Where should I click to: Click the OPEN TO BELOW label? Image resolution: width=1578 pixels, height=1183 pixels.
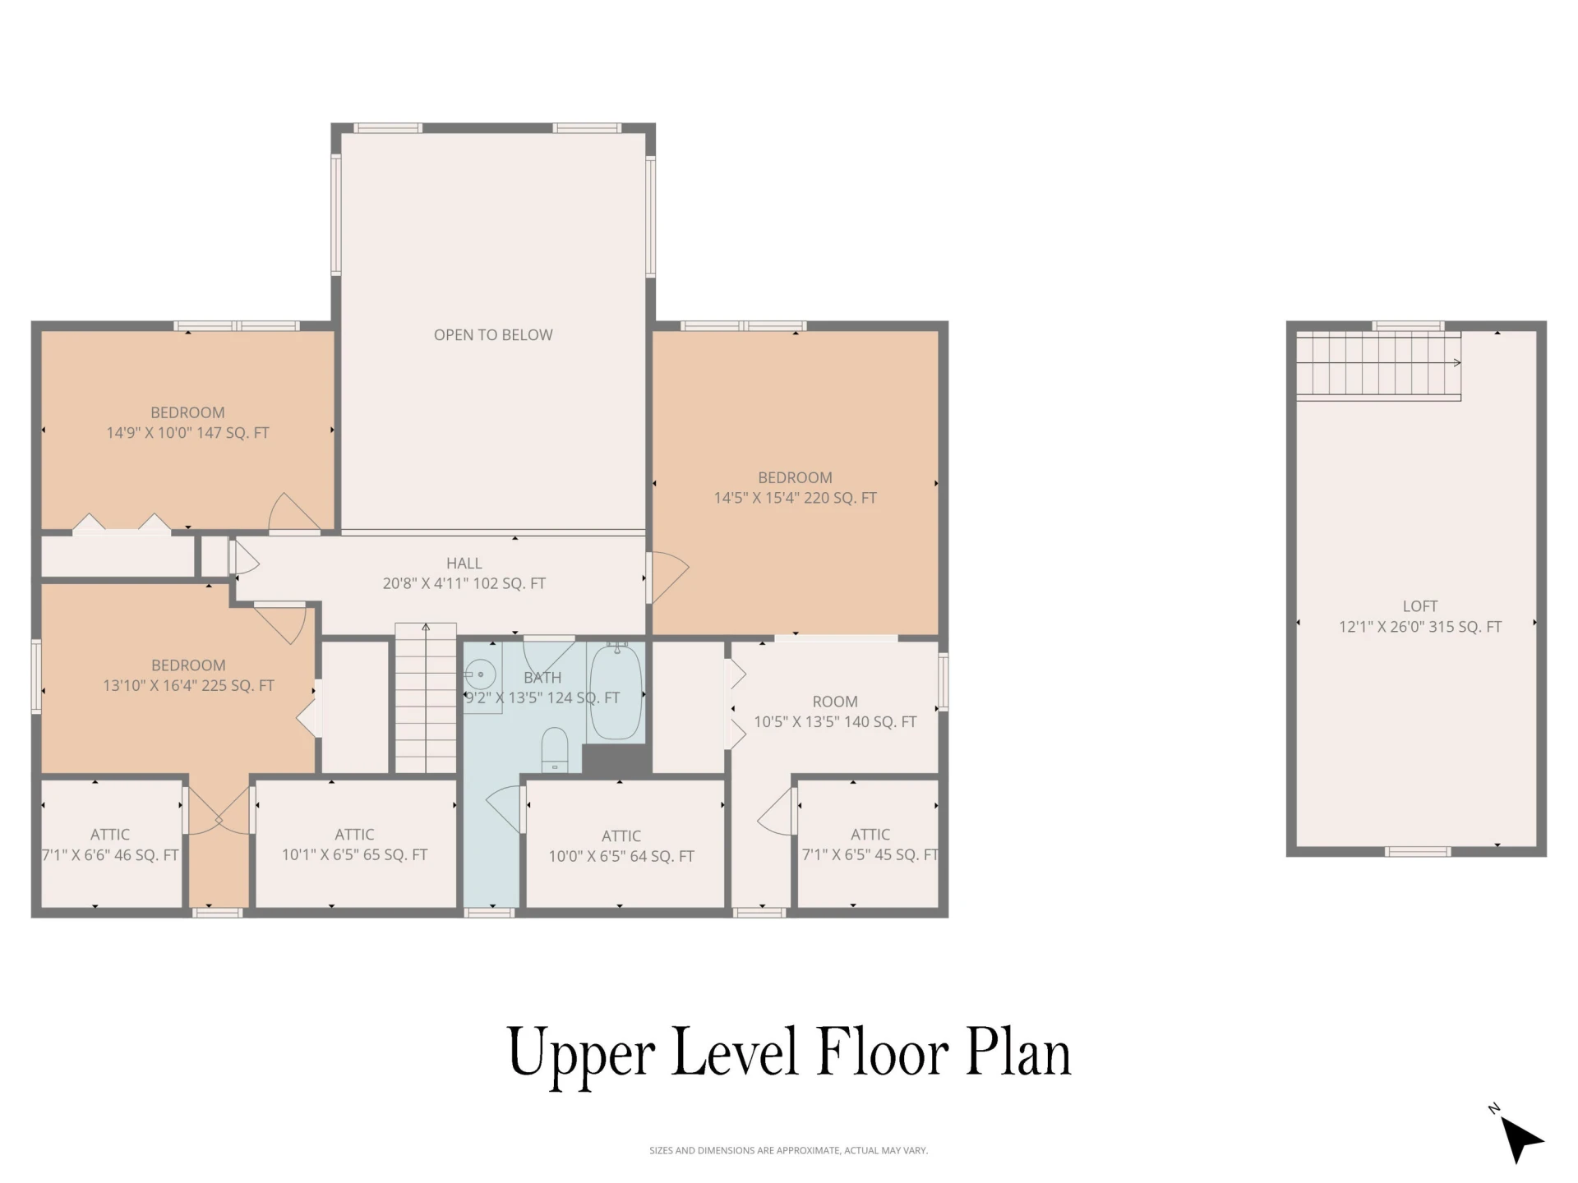[493, 335]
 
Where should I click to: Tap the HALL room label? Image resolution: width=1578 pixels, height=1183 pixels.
[464, 564]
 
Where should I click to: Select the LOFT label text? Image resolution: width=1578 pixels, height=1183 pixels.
[1420, 606]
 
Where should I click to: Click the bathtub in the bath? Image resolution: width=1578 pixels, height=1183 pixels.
[616, 692]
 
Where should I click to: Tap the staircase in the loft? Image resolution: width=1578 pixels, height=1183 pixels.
[1378, 366]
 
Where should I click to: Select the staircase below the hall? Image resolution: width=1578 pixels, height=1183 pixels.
[426, 698]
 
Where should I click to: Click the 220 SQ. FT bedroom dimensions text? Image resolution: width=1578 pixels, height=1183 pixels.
[796, 498]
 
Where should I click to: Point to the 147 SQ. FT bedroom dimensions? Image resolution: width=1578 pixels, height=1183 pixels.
[187, 433]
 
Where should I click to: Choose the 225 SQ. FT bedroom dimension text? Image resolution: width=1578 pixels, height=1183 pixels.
[188, 686]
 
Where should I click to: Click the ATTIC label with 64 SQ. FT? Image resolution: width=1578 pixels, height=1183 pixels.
[621, 836]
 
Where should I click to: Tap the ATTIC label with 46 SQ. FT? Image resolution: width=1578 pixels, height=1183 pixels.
[110, 835]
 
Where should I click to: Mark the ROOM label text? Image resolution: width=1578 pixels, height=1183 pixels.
[835, 702]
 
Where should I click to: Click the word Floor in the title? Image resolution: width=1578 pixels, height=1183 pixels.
[883, 1052]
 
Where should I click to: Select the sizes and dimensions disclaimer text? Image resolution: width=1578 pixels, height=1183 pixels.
[788, 1151]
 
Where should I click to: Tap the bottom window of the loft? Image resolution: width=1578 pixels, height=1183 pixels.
[1418, 852]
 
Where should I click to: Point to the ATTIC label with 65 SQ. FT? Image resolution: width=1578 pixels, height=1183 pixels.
[354, 835]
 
